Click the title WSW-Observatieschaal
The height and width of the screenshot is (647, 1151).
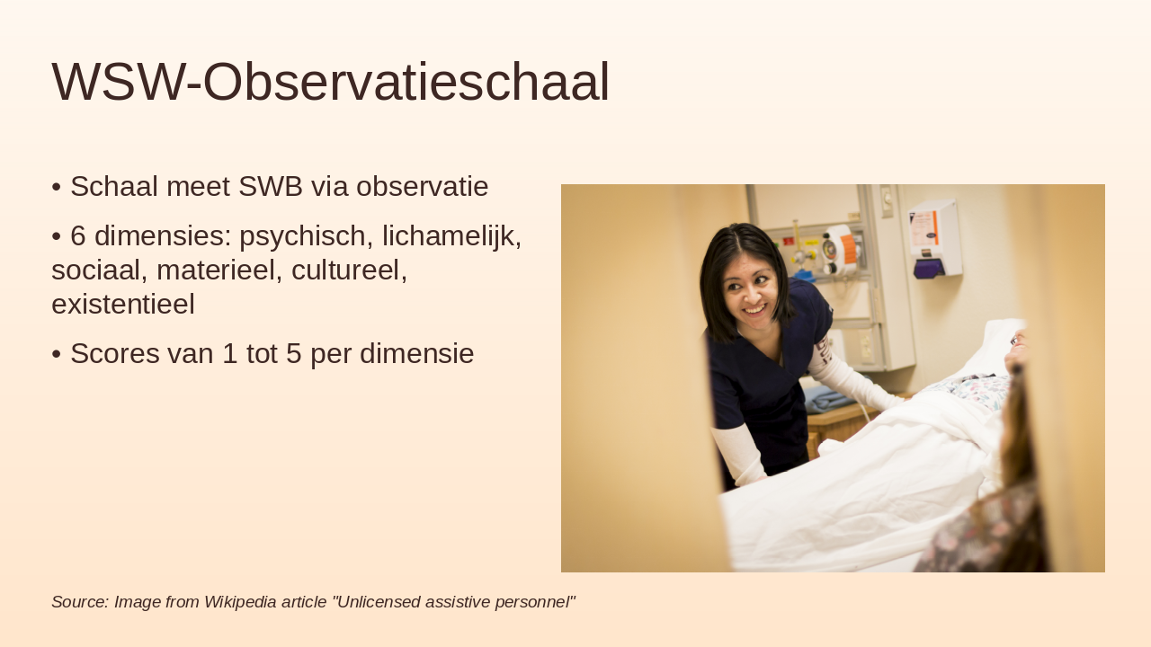click(330, 82)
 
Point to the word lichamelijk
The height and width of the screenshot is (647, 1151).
click(451, 236)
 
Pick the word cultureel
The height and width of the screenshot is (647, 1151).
click(354, 270)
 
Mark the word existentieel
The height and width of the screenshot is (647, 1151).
click(123, 304)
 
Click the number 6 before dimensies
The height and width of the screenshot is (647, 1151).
click(78, 236)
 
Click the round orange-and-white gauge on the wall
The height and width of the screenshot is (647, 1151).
click(841, 249)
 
